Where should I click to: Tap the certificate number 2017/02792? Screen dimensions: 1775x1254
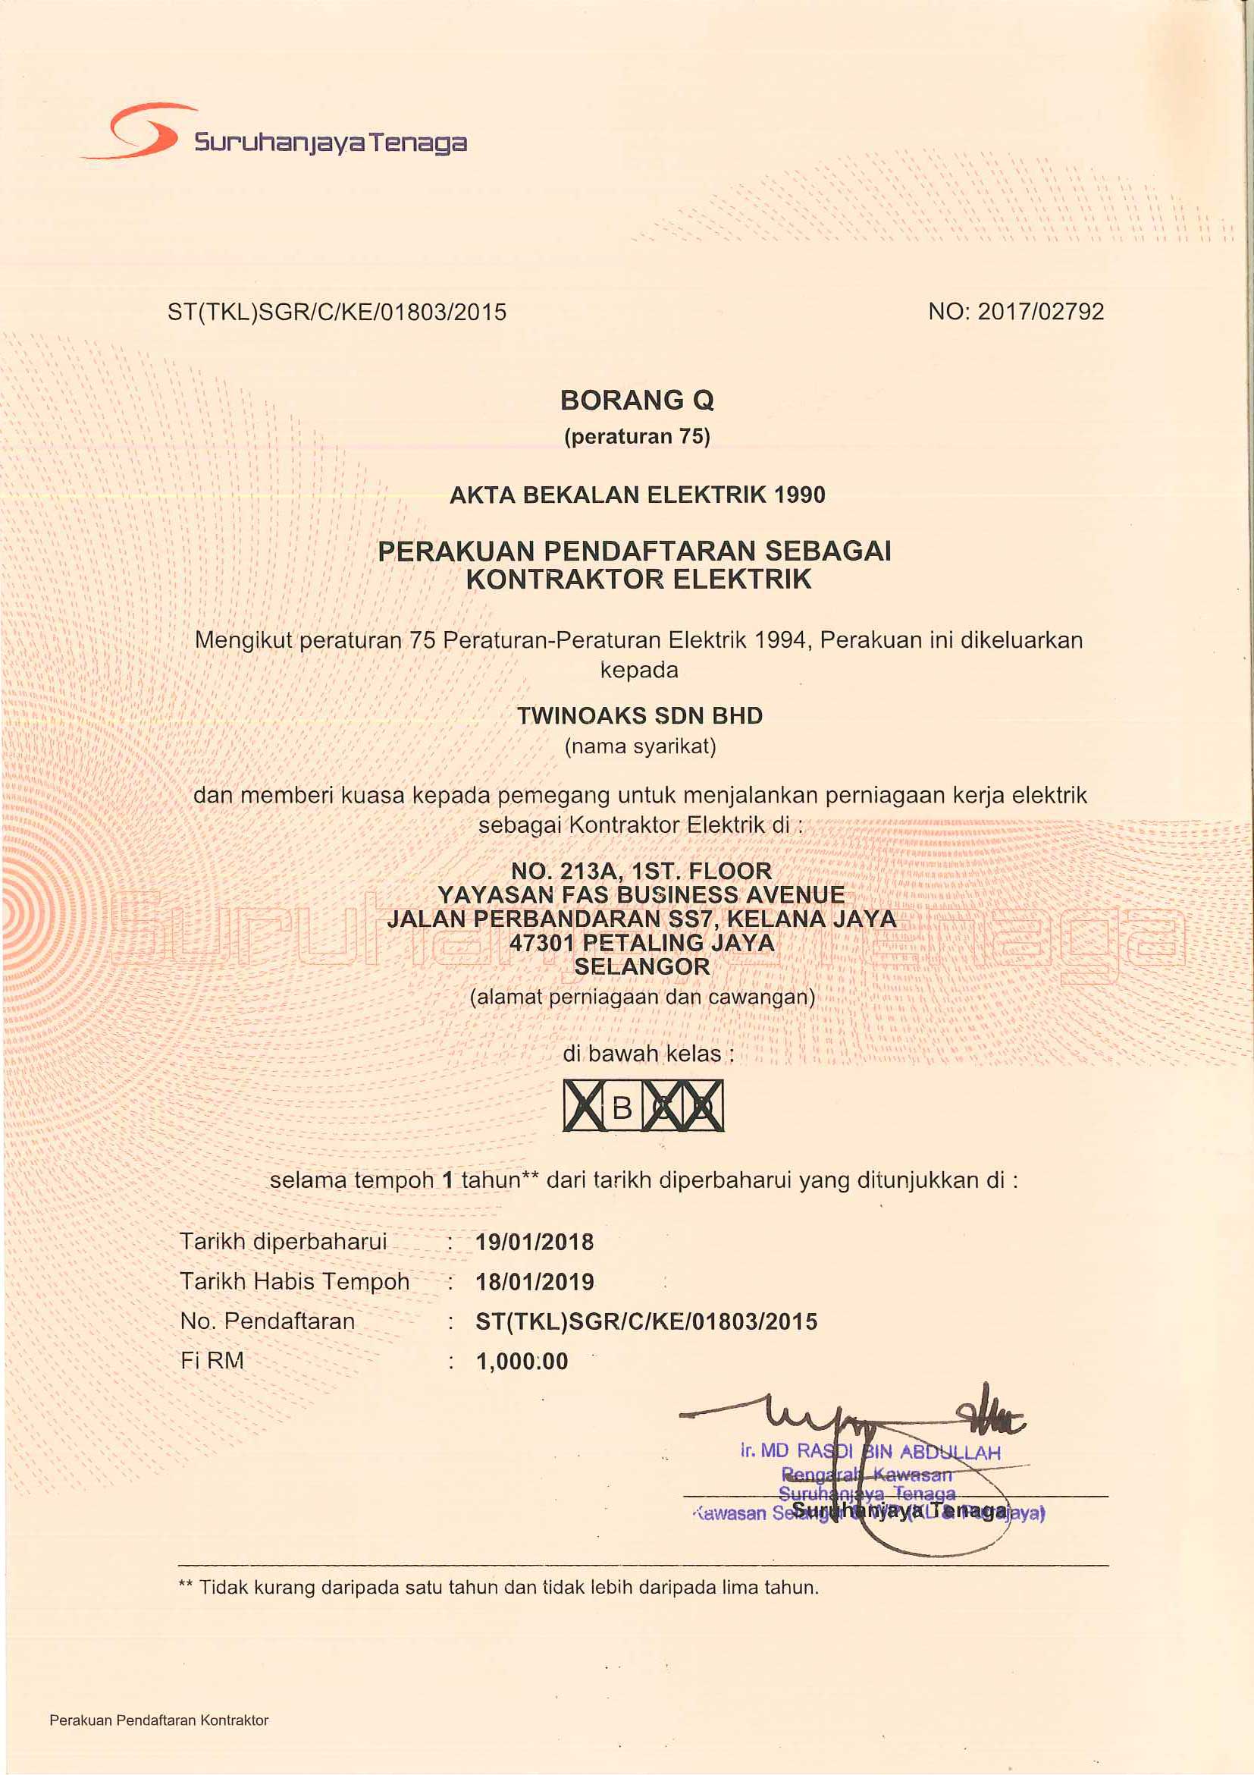click(1040, 312)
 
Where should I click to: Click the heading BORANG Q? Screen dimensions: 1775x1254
click(638, 400)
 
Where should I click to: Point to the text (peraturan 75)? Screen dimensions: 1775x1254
click(638, 437)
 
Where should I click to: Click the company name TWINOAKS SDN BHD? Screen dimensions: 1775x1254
click(640, 716)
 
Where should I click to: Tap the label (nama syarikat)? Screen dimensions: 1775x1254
click(641, 746)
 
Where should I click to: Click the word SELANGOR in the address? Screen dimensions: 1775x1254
click(642, 966)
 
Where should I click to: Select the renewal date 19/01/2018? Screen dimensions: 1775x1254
click(535, 1242)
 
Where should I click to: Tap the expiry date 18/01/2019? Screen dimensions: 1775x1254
click(535, 1282)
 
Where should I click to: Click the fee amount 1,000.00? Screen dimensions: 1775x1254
click(522, 1362)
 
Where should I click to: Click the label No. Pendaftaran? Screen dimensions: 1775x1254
click(268, 1321)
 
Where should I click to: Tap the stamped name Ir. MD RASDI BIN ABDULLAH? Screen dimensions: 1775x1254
click(870, 1451)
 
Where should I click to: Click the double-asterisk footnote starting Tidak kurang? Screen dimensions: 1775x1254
click(498, 1588)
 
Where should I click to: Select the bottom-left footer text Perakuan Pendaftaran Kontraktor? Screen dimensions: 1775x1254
click(159, 1720)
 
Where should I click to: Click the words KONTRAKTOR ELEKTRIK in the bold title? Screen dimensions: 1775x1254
click(639, 579)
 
